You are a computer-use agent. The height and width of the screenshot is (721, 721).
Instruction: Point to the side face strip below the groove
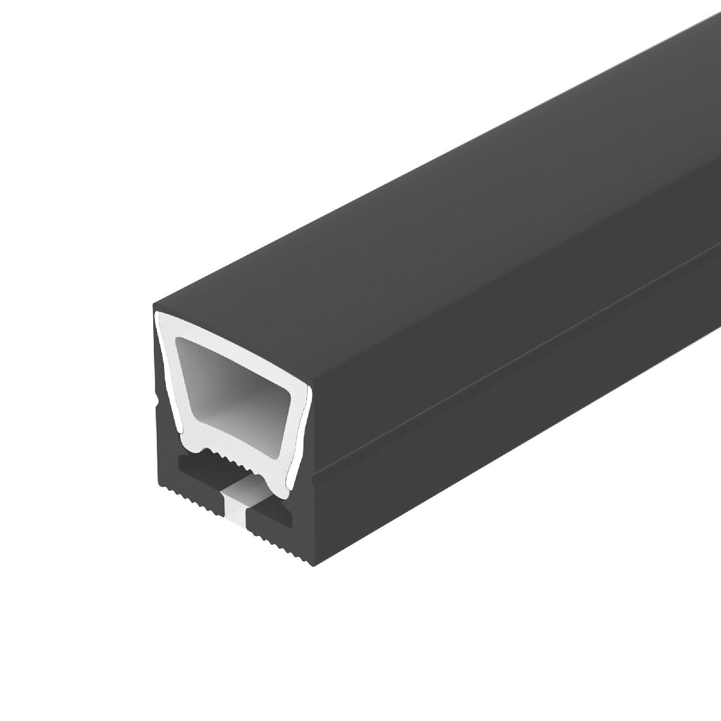pyautogui.click(x=511, y=421)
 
